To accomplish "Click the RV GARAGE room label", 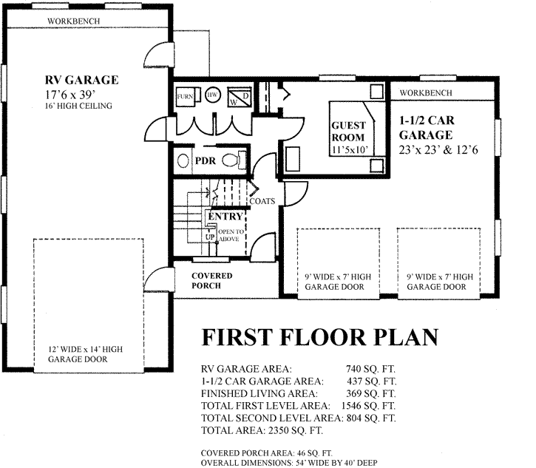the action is click(82, 80).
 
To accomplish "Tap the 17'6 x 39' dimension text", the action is click(69, 95).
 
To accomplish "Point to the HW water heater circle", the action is click(213, 95).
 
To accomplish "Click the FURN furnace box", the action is click(185, 96).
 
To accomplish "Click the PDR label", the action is click(206, 160).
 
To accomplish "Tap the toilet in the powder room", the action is click(234, 160).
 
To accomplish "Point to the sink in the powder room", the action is click(183, 160).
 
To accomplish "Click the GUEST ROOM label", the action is click(348, 132).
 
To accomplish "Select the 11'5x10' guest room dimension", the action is click(350, 149).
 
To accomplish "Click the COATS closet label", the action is click(262, 201).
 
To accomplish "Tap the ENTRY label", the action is click(225, 216).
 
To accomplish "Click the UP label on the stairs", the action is click(210, 237).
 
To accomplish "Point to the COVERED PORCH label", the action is click(211, 281).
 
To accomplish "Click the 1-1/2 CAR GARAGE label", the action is click(427, 127).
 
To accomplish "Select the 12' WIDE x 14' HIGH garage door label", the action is click(85, 354).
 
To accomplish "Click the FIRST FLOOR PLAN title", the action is click(320, 337).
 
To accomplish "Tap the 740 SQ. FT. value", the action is click(370, 369).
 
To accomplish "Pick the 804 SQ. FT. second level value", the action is click(371, 418).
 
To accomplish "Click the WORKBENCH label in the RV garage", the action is click(73, 21).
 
